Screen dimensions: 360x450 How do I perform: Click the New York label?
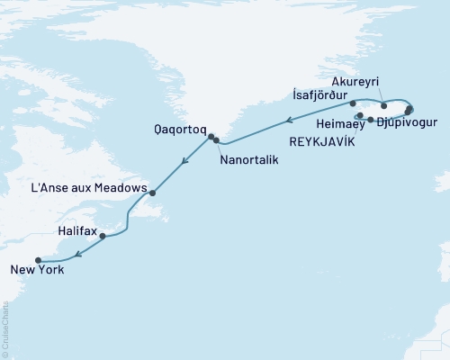[x=37, y=269]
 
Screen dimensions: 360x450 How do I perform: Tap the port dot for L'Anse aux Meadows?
[x=153, y=193]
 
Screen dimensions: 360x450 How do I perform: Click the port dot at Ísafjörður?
[x=353, y=104]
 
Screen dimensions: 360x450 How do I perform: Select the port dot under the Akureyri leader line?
[x=384, y=106]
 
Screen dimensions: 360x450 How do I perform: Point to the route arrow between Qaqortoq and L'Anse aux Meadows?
[x=184, y=163]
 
